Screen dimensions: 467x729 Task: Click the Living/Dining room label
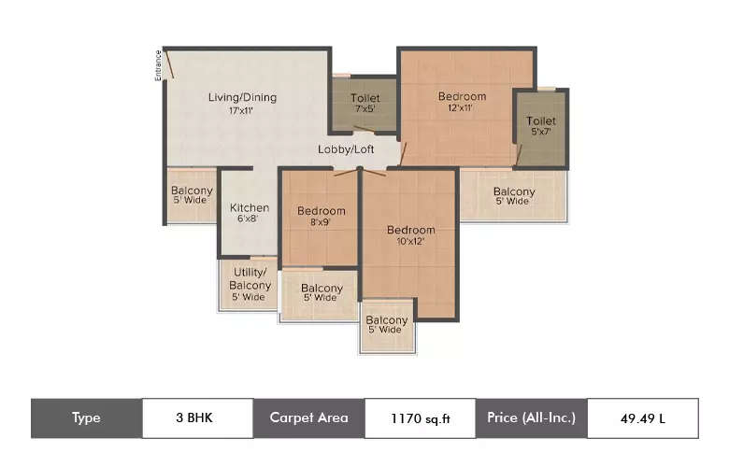point(241,97)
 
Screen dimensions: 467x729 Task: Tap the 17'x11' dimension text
point(241,110)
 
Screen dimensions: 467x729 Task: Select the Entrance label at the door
point(159,64)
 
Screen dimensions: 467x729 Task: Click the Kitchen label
point(250,207)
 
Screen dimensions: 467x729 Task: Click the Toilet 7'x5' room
point(364,104)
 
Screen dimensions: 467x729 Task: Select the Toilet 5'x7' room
point(540,126)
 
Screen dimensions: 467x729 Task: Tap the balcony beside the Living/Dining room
point(192,196)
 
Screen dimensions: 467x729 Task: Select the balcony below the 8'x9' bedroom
point(319,293)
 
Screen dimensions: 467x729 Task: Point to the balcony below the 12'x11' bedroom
point(513,196)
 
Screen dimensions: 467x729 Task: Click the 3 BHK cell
point(197,418)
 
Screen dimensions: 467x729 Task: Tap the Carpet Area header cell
point(308,418)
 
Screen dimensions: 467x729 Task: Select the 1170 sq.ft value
point(420,418)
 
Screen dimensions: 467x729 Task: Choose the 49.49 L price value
point(642,418)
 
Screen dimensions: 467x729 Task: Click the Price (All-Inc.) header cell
point(531,418)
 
